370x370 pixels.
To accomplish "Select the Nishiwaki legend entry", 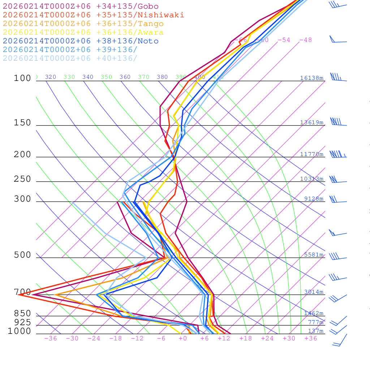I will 93,15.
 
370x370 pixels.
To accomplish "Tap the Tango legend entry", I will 83,24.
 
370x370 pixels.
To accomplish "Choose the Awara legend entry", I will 83,33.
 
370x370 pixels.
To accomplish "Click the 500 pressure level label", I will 22,255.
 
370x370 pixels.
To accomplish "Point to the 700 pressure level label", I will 22,292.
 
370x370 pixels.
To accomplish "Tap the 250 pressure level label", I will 22,179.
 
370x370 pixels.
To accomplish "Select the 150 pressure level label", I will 22,123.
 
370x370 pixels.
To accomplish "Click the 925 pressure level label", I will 22,322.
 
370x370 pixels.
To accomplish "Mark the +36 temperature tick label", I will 311,338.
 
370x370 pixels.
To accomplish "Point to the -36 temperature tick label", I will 51,338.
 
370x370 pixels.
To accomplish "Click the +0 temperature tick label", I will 182,338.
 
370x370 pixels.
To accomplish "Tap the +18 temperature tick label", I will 246,338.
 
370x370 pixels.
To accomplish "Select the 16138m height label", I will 311,78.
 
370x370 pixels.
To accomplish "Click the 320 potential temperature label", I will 51,77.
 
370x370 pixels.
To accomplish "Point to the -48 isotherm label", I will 305,40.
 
